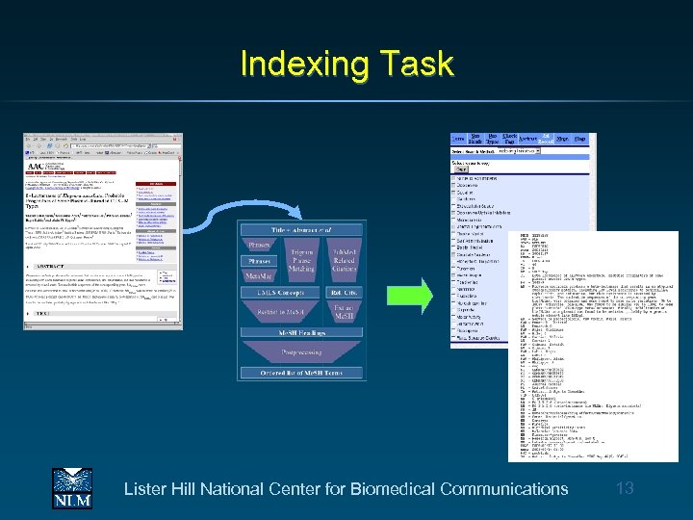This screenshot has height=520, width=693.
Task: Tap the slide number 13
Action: pos(625,488)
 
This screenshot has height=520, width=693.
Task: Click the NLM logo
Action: pos(72,488)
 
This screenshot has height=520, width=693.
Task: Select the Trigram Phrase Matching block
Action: pos(300,259)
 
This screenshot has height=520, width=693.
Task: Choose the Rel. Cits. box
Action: pos(344,294)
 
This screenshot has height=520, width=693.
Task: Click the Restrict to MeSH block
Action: pos(281,312)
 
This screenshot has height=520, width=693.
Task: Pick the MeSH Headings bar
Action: pos(300,333)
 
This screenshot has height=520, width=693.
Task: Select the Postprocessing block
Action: pos(300,353)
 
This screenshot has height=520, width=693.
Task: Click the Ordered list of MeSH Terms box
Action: pos(300,373)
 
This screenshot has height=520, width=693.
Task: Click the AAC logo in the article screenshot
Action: pos(36,166)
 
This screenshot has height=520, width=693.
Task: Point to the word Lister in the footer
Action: pos(145,489)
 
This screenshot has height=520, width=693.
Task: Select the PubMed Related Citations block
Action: pos(344,259)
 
